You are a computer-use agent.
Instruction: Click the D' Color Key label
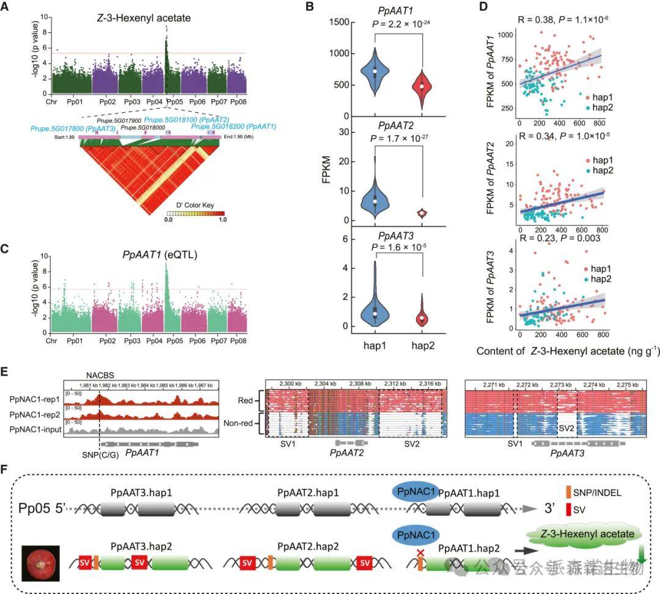193,205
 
